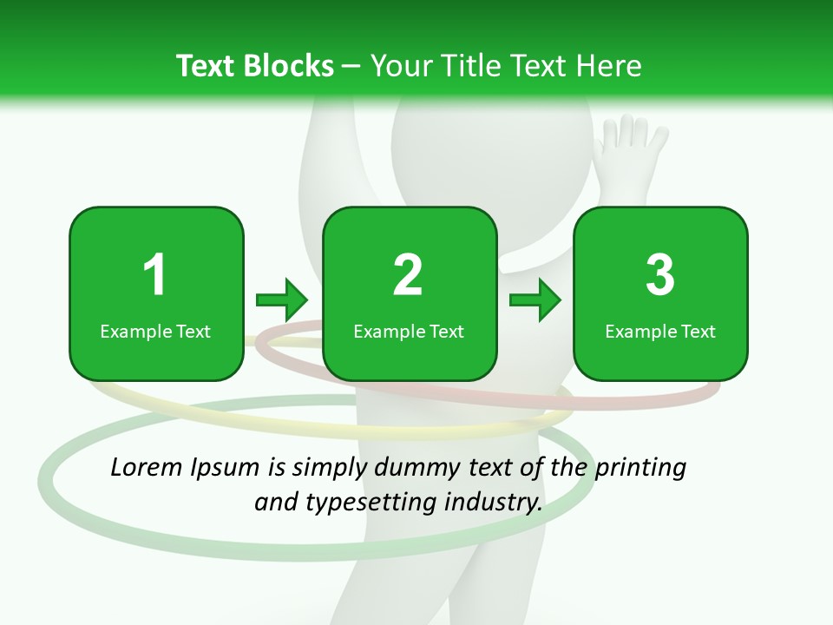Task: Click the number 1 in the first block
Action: click(x=154, y=275)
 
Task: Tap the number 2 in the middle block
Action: click(x=408, y=275)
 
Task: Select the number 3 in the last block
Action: click(x=660, y=275)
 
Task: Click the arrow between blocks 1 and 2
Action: click(x=282, y=300)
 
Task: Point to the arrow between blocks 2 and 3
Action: click(x=535, y=300)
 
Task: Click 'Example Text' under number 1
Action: click(x=155, y=332)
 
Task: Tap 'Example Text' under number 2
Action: click(x=409, y=332)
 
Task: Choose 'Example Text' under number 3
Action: click(x=660, y=332)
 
